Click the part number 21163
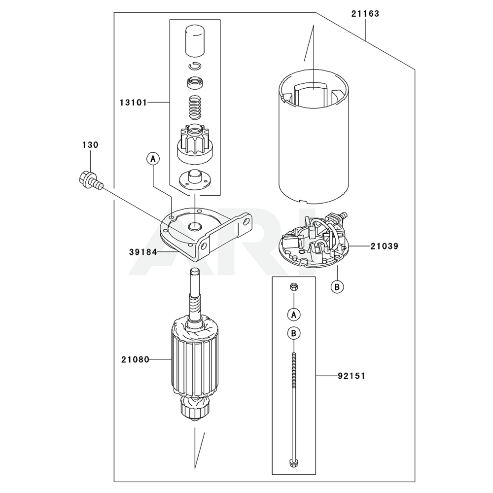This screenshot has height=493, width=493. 365,14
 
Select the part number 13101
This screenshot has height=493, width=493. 133,103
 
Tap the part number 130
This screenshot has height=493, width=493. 91,145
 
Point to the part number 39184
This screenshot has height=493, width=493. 143,252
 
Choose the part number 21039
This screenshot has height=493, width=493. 384,246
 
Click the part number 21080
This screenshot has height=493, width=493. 136,360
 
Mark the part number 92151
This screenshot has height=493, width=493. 352,376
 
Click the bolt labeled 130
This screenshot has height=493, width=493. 91,180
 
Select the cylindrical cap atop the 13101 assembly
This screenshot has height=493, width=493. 195,40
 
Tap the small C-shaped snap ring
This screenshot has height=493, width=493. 195,66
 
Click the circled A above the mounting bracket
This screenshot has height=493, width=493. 153,159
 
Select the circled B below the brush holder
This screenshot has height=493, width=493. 337,286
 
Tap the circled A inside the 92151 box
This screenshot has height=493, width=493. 294,315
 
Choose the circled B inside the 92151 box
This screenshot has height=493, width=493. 294,333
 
